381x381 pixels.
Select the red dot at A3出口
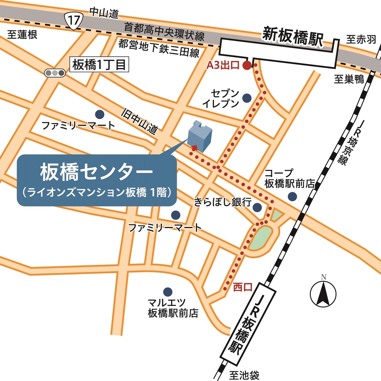click(x=247, y=65)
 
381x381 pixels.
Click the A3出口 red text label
click(x=223, y=65)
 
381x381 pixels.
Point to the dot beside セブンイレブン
click(x=246, y=98)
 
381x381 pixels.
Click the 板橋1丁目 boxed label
click(x=100, y=64)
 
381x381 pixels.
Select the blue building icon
click(x=199, y=134)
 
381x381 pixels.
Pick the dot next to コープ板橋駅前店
click(x=292, y=197)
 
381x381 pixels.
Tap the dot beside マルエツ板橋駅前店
click(x=167, y=291)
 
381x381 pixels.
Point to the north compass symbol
click(x=323, y=293)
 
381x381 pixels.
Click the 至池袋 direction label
click(x=244, y=375)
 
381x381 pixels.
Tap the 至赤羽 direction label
click(x=361, y=39)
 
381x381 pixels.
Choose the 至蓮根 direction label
click(x=22, y=35)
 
